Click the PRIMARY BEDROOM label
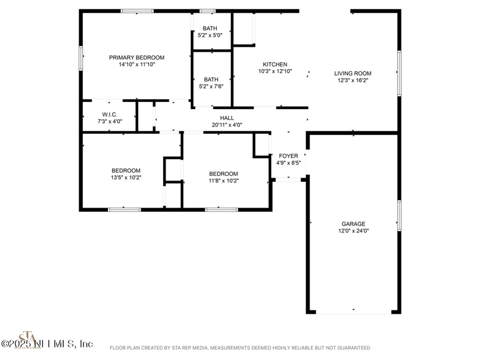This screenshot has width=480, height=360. point(136,58)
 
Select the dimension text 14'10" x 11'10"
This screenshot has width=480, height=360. point(136,64)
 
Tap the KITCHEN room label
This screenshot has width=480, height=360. point(275,64)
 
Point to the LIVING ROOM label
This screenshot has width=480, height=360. point(353,73)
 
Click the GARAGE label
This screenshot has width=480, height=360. point(353,224)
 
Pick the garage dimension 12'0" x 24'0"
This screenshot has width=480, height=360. point(353,230)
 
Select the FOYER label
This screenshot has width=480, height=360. point(288,156)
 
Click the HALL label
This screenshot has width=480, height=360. point(227,118)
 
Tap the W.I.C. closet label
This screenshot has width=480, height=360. point(109,115)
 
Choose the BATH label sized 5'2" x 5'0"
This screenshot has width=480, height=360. point(210,28)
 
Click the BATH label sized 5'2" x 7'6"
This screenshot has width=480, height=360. point(211,79)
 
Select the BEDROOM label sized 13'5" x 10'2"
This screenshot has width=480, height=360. point(125,170)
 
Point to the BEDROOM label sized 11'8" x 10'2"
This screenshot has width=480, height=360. point(223,174)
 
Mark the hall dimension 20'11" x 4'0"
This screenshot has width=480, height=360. point(227,125)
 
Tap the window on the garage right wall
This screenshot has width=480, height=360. point(399,215)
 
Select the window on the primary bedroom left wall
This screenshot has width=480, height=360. point(80,58)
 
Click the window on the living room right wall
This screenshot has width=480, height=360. point(399,73)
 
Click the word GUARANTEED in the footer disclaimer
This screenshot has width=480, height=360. point(353,348)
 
